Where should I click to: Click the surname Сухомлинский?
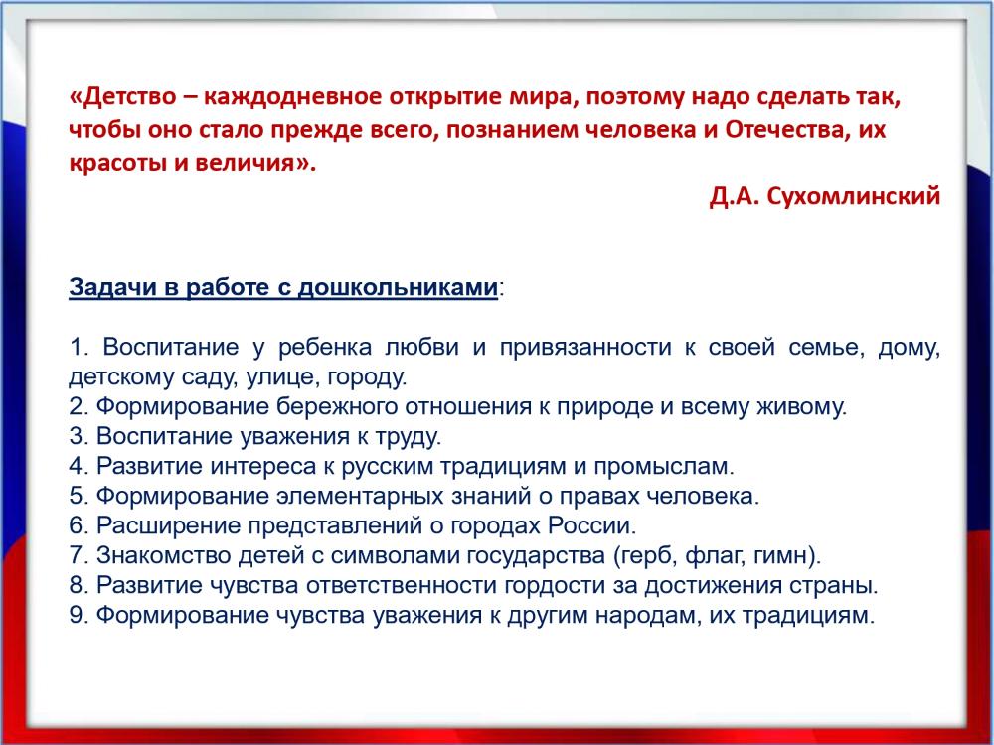853,196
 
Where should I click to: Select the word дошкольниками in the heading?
398,287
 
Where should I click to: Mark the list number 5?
79,496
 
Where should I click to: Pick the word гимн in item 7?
779,555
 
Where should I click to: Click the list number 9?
79,615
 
